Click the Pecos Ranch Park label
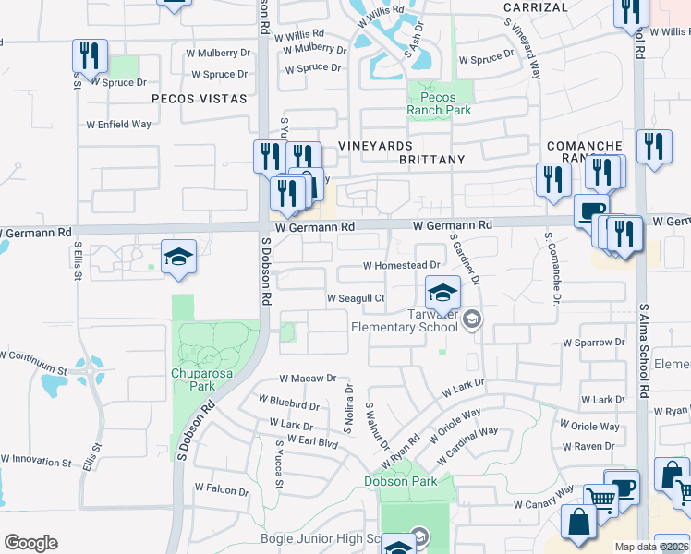click(x=440, y=103)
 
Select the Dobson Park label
click(x=400, y=481)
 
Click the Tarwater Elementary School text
click(x=404, y=319)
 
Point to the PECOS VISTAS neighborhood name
click(x=199, y=98)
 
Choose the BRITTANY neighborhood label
click(x=431, y=160)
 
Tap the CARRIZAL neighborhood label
click(x=536, y=7)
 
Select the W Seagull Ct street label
click(x=356, y=298)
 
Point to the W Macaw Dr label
click(x=308, y=379)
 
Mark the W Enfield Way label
click(x=118, y=124)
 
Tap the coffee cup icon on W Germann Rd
click(x=591, y=210)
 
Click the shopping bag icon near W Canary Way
click(x=578, y=522)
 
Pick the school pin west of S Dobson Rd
click(x=178, y=257)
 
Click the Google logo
click(x=30, y=543)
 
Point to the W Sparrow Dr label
click(x=594, y=342)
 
